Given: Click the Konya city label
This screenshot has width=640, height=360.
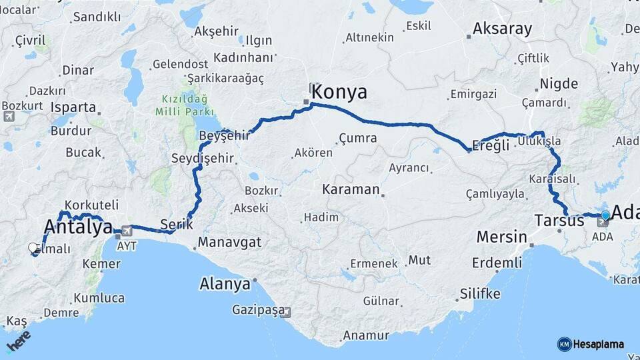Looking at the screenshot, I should [x=339, y=92].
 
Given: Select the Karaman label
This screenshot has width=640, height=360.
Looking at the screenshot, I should [x=350, y=189].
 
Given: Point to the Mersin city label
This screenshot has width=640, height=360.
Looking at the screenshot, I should [x=501, y=237].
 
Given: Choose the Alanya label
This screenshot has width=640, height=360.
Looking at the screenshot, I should [x=225, y=284].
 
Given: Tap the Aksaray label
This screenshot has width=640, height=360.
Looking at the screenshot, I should [x=502, y=29].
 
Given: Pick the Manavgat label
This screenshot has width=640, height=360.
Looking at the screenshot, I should [x=229, y=242].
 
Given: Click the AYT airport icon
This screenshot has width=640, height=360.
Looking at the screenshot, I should [x=126, y=231].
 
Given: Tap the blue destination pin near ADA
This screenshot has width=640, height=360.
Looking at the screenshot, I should [x=605, y=215].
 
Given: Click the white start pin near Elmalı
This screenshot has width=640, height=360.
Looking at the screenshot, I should [x=33, y=248].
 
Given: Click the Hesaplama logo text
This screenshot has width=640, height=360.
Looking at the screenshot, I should [x=598, y=344].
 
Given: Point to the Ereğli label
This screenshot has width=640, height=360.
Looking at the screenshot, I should [x=493, y=145].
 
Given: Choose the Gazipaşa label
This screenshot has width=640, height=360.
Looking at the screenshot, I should [x=258, y=310].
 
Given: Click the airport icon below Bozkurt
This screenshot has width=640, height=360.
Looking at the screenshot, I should [x=9, y=117].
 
